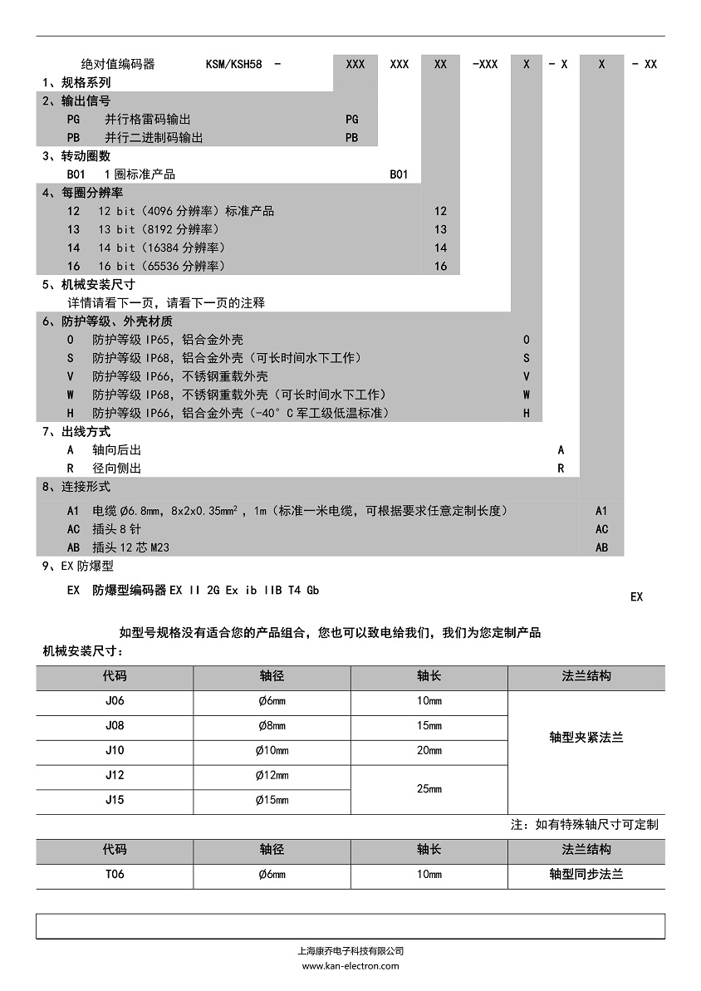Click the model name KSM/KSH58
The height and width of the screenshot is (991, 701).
click(x=235, y=64)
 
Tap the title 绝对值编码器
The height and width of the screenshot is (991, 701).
click(x=117, y=64)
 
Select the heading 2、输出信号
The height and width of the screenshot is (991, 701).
click(x=76, y=101)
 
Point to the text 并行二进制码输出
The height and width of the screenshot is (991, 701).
click(x=153, y=138)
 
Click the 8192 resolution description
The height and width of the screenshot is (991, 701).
click(x=159, y=229)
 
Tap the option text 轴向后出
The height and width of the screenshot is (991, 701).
click(x=116, y=449)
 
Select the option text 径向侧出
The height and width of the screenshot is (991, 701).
click(x=116, y=468)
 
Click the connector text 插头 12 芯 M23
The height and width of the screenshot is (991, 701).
click(x=131, y=547)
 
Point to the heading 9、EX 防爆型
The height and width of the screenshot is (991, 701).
click(x=77, y=566)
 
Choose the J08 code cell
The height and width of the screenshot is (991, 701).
click(x=115, y=725)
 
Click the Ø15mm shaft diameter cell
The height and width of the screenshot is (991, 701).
click(x=272, y=800)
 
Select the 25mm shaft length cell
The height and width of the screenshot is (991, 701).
click(x=429, y=788)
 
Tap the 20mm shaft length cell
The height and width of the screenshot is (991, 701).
click(x=429, y=750)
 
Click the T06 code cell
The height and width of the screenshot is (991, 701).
click(x=115, y=874)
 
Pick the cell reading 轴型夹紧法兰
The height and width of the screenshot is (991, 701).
click(x=586, y=737)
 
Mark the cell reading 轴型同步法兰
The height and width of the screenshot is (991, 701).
click(x=586, y=874)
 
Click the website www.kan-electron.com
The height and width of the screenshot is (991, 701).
click(x=350, y=965)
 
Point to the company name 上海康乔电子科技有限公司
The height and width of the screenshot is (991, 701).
click(x=350, y=951)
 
